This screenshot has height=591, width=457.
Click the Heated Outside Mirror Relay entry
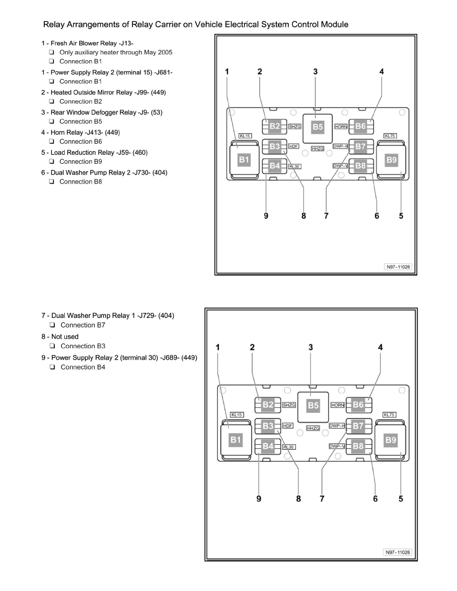tap(94, 92)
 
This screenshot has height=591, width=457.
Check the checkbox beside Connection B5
tap(51, 121)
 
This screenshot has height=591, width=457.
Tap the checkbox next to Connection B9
tap(51, 162)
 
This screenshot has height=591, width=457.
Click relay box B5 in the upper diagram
tap(318, 127)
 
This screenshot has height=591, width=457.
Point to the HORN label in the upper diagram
tap(341, 127)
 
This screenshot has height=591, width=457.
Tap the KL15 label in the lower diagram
tap(236, 415)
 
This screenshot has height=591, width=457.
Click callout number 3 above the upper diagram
tap(315, 72)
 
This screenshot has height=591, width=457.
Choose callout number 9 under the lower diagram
tap(258, 499)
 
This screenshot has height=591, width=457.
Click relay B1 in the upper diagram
tap(243, 159)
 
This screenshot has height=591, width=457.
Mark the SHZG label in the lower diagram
tap(289, 405)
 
